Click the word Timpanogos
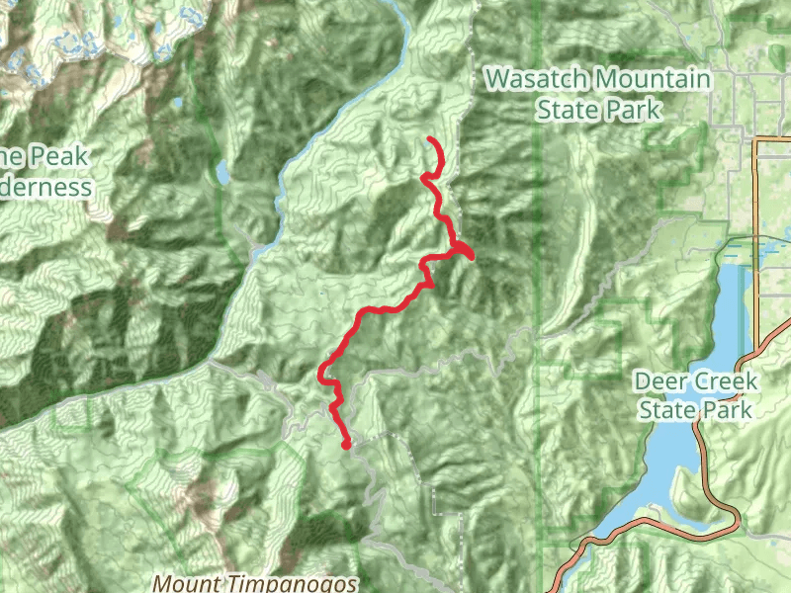click(293, 583)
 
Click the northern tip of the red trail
click(429, 139)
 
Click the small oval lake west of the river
click(222, 175)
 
